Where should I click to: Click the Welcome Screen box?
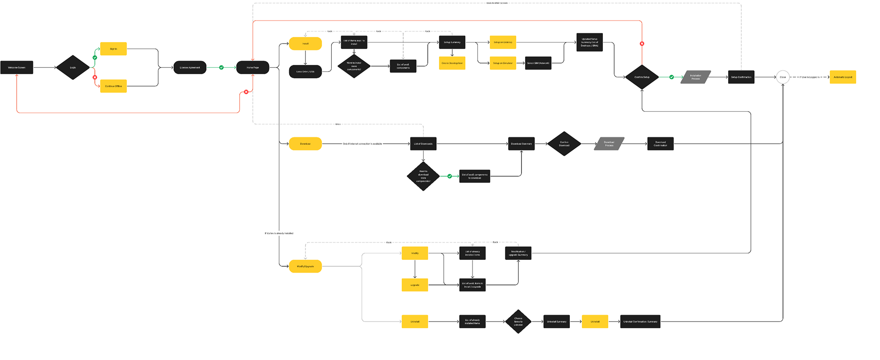coord(16,67)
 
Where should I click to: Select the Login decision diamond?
coord(73,67)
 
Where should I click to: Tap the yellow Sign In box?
coord(113,48)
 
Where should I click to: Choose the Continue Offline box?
coord(113,86)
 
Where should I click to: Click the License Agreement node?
coord(190,67)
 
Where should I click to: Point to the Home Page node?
coord(252,67)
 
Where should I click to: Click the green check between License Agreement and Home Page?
coord(221,67)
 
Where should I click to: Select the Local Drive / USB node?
coord(305,71)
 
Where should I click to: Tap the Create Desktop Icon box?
coord(452,63)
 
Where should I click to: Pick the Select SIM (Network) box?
coord(538,63)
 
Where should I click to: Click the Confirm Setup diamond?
coord(642,77)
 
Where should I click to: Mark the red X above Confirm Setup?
coord(642,44)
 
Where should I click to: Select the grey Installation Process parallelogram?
coord(696,77)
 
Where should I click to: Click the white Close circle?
coord(783,77)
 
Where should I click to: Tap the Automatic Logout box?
coord(842,77)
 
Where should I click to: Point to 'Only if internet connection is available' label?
coord(362,144)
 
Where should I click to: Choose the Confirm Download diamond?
coord(564,144)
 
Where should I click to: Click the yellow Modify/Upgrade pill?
coord(305,266)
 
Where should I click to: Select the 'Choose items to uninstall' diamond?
coord(518,322)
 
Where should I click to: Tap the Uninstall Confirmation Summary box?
coord(640,322)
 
